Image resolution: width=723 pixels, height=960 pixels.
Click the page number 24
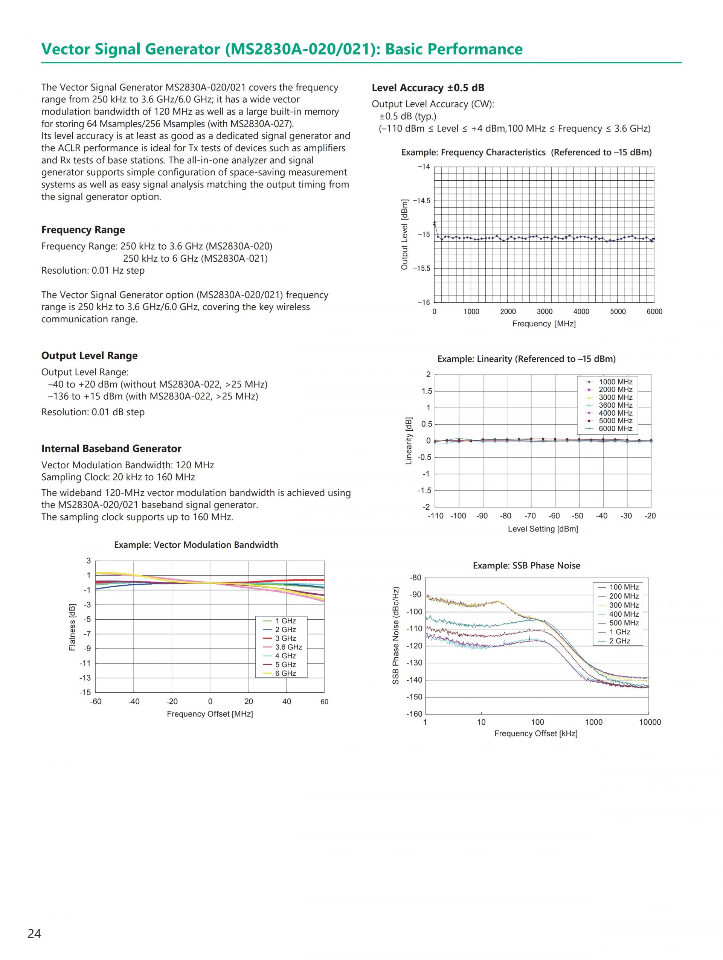point(34,933)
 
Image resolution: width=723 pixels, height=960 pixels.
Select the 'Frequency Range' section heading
point(83,230)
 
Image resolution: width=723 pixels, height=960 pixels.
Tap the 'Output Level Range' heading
point(89,355)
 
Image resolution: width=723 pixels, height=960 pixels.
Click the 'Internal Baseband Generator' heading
point(111,448)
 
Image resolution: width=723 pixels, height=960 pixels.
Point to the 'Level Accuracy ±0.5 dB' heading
point(428,88)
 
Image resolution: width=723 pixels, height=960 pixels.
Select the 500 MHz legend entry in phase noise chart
point(624,623)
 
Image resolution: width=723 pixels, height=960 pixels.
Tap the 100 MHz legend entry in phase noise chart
point(624,587)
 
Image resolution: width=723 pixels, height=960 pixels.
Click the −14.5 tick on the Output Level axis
point(421,201)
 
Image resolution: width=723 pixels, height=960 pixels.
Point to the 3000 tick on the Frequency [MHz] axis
point(544,312)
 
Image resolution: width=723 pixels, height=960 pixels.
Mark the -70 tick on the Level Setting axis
point(530,516)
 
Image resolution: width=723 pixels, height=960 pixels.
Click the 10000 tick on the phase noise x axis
point(650,722)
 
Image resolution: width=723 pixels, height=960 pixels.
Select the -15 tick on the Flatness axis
point(85,692)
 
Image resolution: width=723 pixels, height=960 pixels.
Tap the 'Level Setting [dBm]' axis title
point(543,529)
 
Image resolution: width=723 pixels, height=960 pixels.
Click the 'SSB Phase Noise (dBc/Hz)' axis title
point(395,635)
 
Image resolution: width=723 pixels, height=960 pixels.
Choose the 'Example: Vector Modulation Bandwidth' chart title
point(196,545)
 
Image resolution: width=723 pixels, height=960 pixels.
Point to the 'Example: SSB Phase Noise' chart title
point(526,565)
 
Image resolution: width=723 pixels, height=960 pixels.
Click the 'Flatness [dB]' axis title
point(72,627)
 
